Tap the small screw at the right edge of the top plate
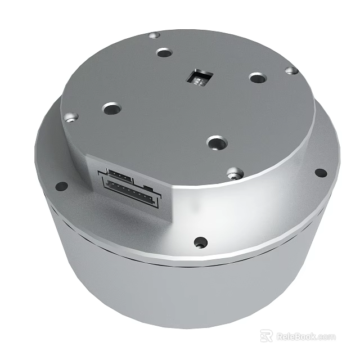click(290, 71)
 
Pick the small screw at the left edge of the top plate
click(70, 117)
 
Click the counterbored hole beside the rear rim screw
click(164, 53)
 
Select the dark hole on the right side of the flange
click(320, 173)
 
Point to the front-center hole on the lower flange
click(199, 243)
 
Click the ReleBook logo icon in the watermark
click(267, 336)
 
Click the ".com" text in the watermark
click(327, 337)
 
